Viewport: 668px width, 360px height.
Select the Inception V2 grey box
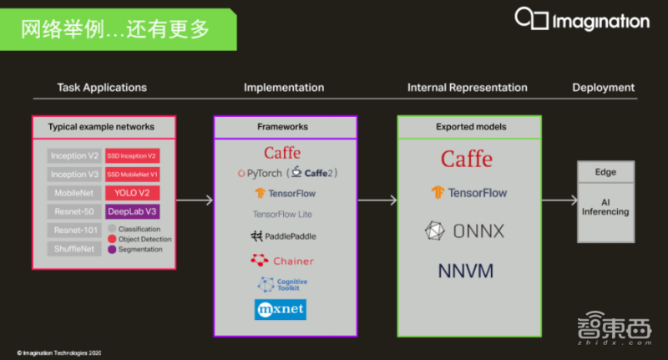tap(74, 155)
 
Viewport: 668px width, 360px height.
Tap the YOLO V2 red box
tap(132, 193)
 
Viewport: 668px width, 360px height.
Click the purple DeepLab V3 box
tap(132, 211)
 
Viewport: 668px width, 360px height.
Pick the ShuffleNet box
tap(74, 248)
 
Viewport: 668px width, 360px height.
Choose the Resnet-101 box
tap(74, 230)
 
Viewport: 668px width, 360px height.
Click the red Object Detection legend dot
tap(112, 239)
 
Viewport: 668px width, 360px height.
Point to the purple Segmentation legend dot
tap(112, 249)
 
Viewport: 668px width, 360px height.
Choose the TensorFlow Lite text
tap(284, 215)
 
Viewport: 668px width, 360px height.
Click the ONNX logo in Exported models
tap(465, 231)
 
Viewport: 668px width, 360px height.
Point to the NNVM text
tap(465, 271)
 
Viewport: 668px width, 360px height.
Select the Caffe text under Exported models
tap(466, 159)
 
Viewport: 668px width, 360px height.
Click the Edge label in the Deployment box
tap(605, 172)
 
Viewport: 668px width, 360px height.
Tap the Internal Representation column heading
tap(467, 88)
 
